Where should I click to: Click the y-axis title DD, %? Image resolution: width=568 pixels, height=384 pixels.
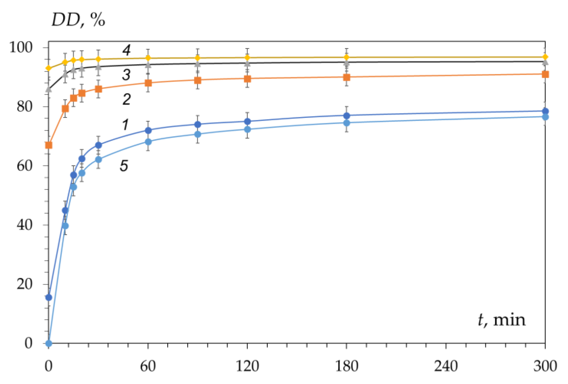[x=78, y=20]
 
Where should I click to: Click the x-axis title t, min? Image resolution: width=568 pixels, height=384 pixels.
[x=502, y=320]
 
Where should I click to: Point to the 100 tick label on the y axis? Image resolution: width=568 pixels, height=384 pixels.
[x=21, y=47]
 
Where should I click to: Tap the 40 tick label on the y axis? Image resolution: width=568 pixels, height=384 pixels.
[x=24, y=225]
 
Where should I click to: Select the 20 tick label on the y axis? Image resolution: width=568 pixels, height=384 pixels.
[x=24, y=284]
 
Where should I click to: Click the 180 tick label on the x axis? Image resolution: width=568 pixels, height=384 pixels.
[x=346, y=366]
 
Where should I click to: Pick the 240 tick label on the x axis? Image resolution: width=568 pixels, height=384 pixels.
[x=446, y=366]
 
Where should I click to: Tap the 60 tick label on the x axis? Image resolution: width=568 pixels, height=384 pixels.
[x=148, y=366]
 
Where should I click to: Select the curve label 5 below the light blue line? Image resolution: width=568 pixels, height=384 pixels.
[x=124, y=166]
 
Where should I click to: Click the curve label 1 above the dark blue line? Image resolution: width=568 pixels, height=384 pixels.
[x=125, y=125]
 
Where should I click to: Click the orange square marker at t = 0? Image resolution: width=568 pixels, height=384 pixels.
[x=48, y=145]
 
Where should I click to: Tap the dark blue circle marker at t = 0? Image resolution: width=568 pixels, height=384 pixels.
[x=48, y=297]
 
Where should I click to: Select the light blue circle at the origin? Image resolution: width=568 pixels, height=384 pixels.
[x=48, y=343]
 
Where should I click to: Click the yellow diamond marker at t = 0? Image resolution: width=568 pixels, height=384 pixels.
[x=48, y=68]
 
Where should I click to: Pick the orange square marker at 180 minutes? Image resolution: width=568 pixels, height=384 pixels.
[x=347, y=77]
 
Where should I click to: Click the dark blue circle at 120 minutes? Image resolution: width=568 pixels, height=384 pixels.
[x=247, y=121]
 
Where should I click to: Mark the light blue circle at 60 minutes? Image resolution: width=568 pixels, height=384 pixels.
[x=148, y=142]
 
